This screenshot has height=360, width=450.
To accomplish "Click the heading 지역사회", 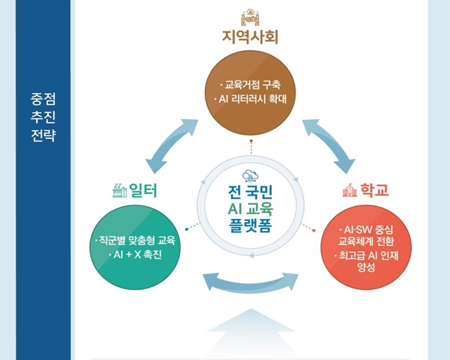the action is click(x=250, y=38).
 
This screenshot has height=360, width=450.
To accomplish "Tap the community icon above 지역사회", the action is click(x=250, y=17).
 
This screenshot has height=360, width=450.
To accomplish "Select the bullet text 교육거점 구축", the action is click(x=252, y=85).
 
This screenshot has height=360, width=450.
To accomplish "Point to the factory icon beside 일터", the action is click(x=120, y=190).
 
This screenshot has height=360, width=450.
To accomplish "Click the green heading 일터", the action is click(x=143, y=190).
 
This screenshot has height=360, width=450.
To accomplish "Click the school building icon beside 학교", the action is click(x=350, y=190).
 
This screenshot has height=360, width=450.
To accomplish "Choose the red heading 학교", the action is click(x=374, y=190).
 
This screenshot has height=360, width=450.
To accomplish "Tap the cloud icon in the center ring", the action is click(x=250, y=176).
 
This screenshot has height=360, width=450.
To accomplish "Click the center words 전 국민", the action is click(x=250, y=192).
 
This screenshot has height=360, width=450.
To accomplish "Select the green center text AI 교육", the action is click(x=250, y=209).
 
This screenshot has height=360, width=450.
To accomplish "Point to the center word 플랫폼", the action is click(x=250, y=225).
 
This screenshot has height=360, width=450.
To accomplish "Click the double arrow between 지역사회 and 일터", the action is click(x=172, y=145).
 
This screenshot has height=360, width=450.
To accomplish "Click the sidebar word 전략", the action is click(x=43, y=135).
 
